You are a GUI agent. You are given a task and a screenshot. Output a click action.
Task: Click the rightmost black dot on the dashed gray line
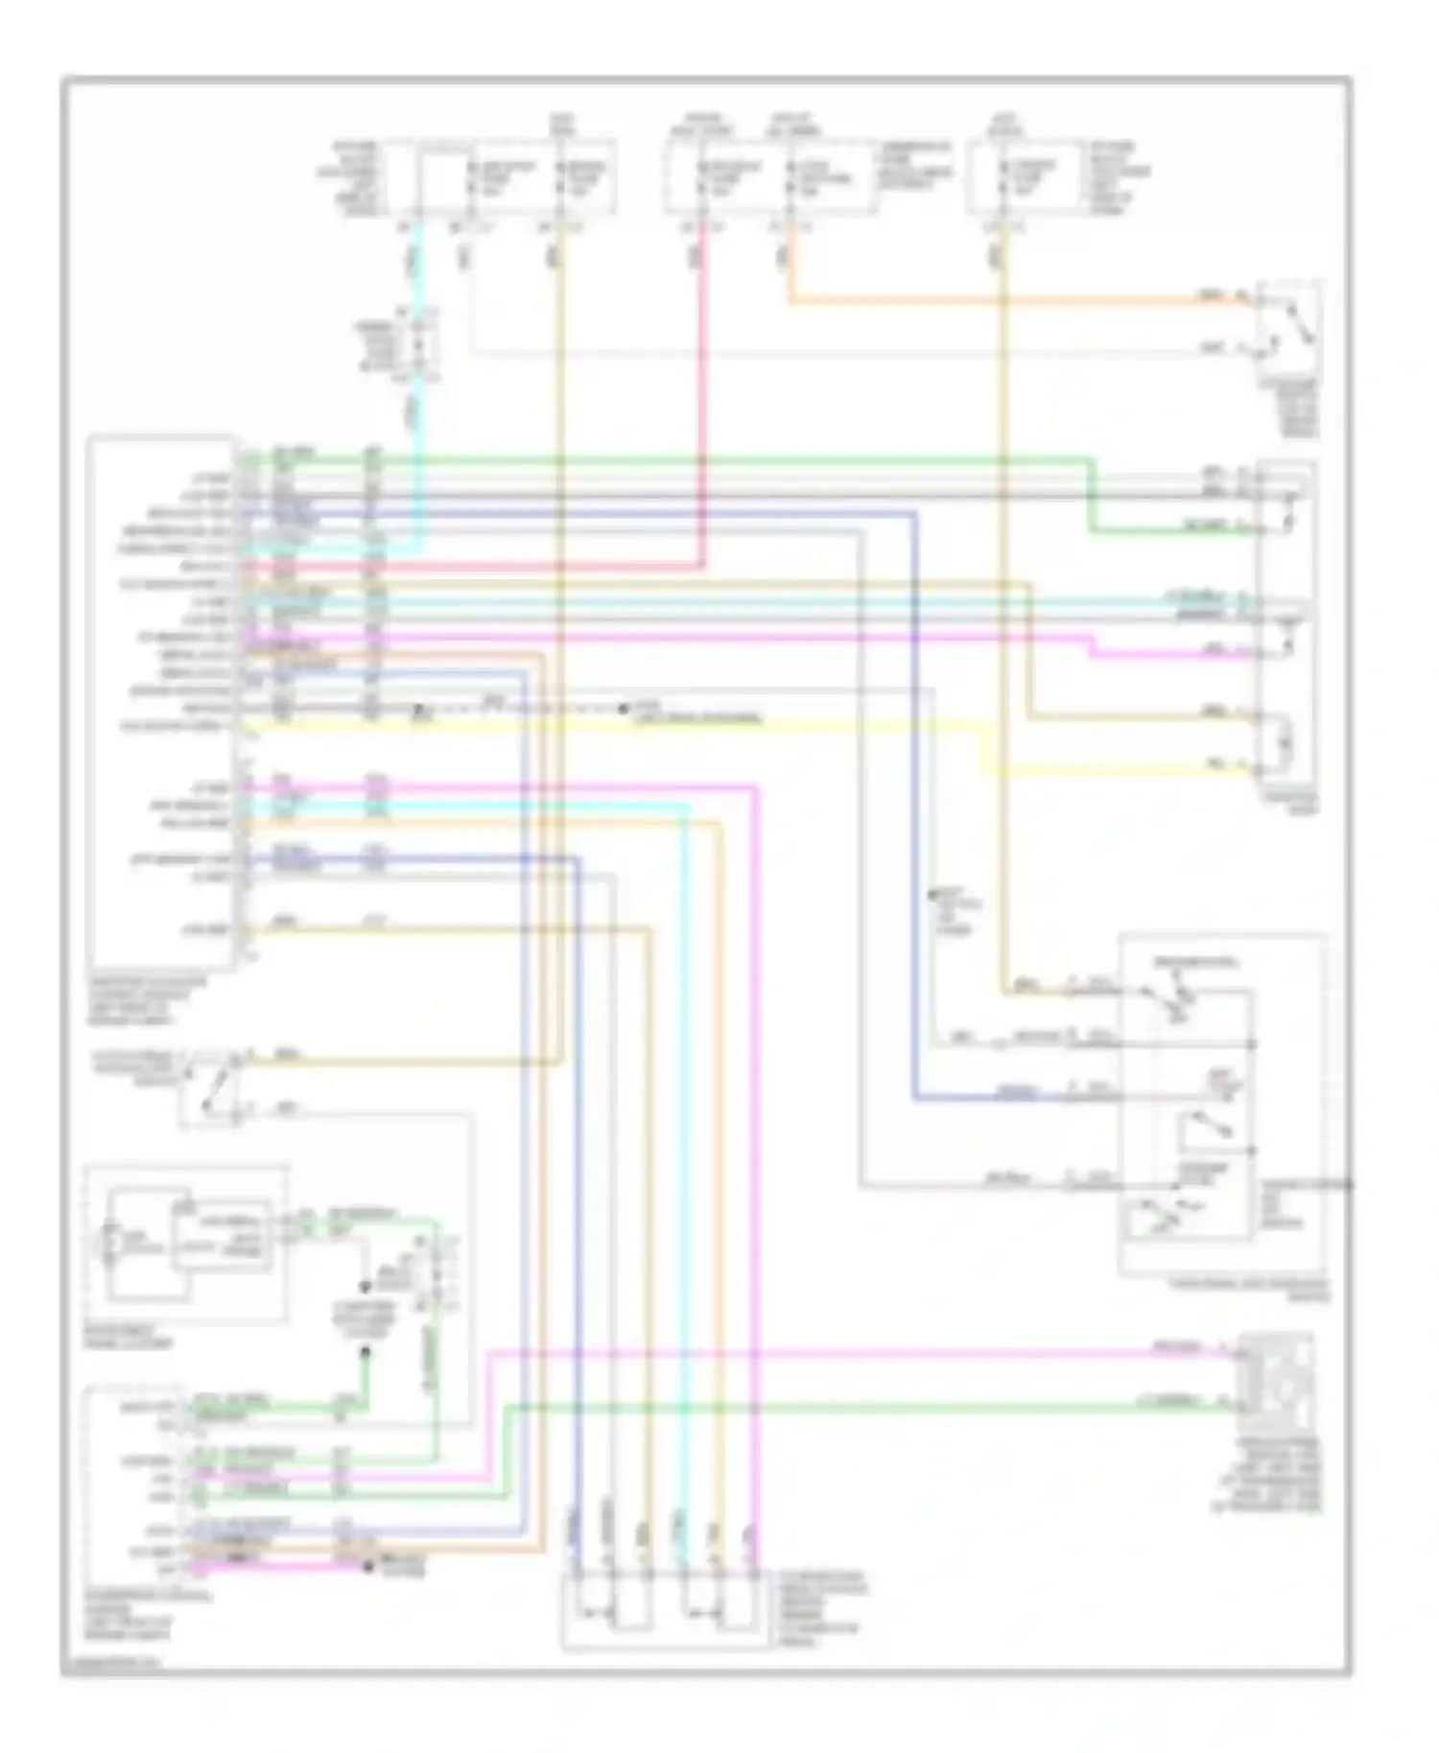(624, 710)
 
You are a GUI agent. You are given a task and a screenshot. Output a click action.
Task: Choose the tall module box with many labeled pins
(160, 700)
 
